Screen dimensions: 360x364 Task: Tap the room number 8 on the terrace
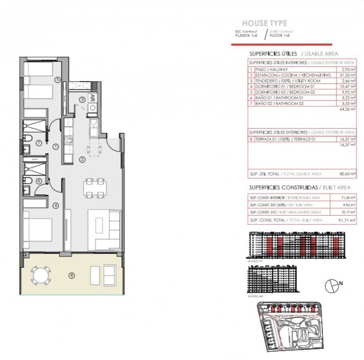71,275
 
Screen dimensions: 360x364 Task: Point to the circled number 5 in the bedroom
58,80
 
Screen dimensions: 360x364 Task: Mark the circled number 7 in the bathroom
39,142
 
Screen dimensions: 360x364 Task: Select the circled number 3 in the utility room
82,99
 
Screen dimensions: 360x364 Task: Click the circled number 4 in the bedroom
55,205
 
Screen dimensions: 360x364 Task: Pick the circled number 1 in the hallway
55,147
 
